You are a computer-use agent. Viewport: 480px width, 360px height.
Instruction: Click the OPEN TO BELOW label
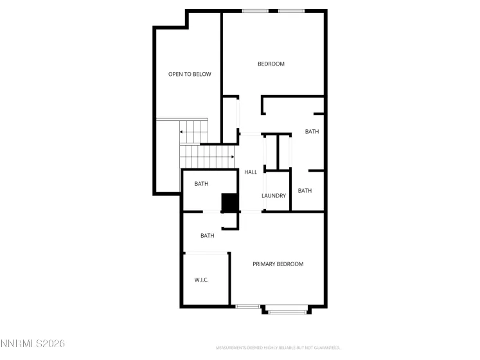tap(190, 75)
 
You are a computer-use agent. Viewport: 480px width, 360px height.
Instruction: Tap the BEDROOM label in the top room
tap(271, 64)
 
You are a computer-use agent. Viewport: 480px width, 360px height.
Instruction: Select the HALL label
tap(251, 172)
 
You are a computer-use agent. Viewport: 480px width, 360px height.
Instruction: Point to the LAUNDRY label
tap(274, 196)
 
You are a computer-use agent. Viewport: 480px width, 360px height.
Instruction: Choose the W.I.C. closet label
tap(202, 280)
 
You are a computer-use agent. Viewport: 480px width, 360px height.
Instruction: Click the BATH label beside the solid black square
tap(202, 184)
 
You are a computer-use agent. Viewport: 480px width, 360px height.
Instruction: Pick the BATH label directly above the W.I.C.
tap(207, 236)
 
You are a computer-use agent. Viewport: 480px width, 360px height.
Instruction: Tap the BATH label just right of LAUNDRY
tap(305, 191)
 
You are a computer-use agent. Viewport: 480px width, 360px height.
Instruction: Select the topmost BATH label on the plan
tap(312, 132)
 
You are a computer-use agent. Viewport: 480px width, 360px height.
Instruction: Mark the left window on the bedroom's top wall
tap(255, 11)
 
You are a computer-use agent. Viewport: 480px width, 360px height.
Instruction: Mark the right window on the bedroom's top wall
tap(291, 11)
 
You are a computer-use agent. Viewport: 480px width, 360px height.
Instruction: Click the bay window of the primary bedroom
tap(286, 312)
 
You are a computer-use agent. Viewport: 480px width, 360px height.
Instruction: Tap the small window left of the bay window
tap(247, 307)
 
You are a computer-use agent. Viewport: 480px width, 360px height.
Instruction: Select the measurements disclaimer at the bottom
tap(278, 348)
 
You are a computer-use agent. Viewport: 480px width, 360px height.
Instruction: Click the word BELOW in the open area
tap(202, 75)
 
